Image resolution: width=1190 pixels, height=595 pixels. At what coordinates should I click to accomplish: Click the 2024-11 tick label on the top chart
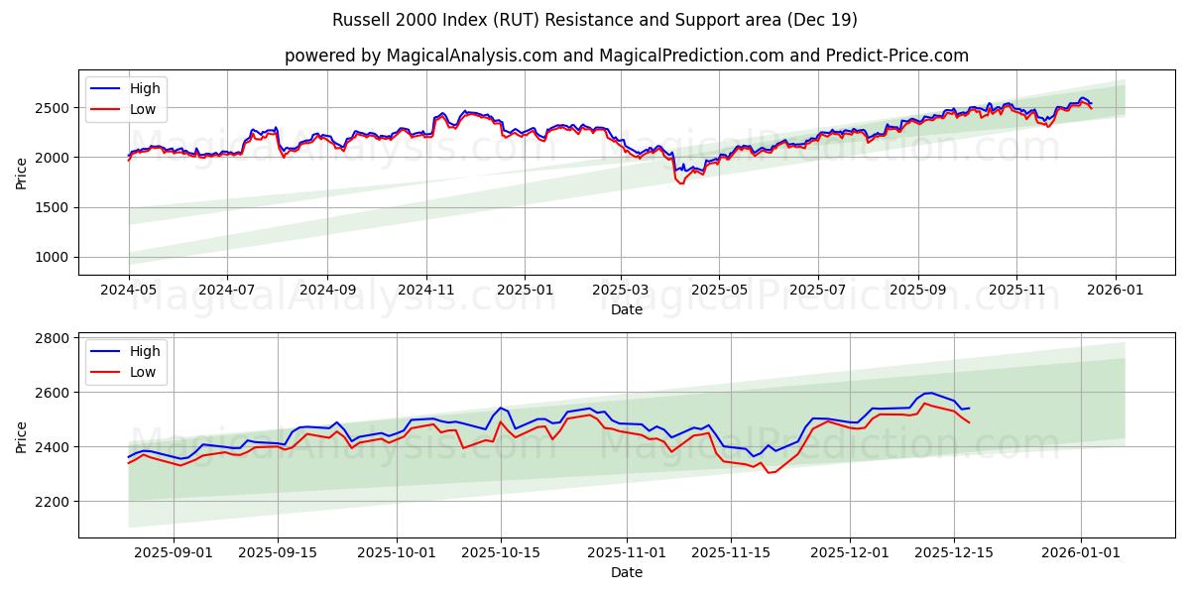point(426,291)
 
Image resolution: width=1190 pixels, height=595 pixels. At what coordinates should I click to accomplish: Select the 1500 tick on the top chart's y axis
point(55,207)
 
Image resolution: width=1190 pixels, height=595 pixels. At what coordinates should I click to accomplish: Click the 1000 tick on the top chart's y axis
point(55,258)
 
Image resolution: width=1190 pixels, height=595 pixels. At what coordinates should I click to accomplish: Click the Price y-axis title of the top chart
point(22,173)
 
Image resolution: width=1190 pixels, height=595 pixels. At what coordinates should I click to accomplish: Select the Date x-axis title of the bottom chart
point(627,572)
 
